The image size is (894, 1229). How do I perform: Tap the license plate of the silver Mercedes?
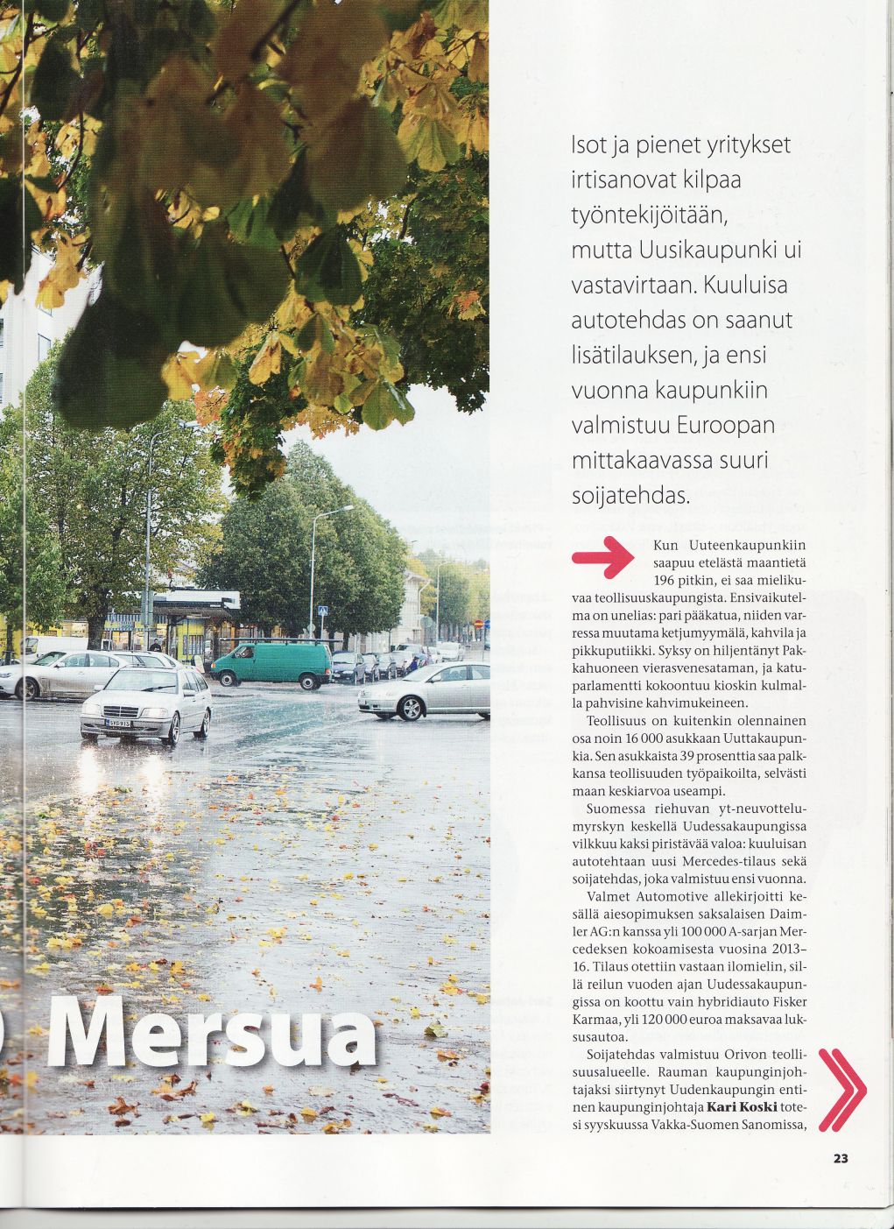121,723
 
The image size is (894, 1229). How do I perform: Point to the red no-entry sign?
478,624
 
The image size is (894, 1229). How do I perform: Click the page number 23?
841,1158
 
